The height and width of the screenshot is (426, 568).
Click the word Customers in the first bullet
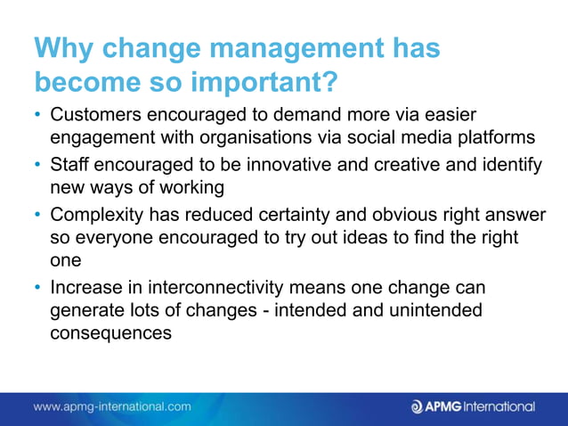click(x=94, y=116)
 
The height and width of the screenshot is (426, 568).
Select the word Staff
click(x=69, y=165)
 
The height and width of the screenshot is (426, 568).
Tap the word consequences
click(x=110, y=332)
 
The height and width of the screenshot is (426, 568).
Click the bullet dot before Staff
click(x=38, y=166)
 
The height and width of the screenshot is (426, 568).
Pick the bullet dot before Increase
click(x=38, y=289)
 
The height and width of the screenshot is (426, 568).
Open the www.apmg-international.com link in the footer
click(x=112, y=406)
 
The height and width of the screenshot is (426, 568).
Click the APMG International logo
click(x=473, y=406)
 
